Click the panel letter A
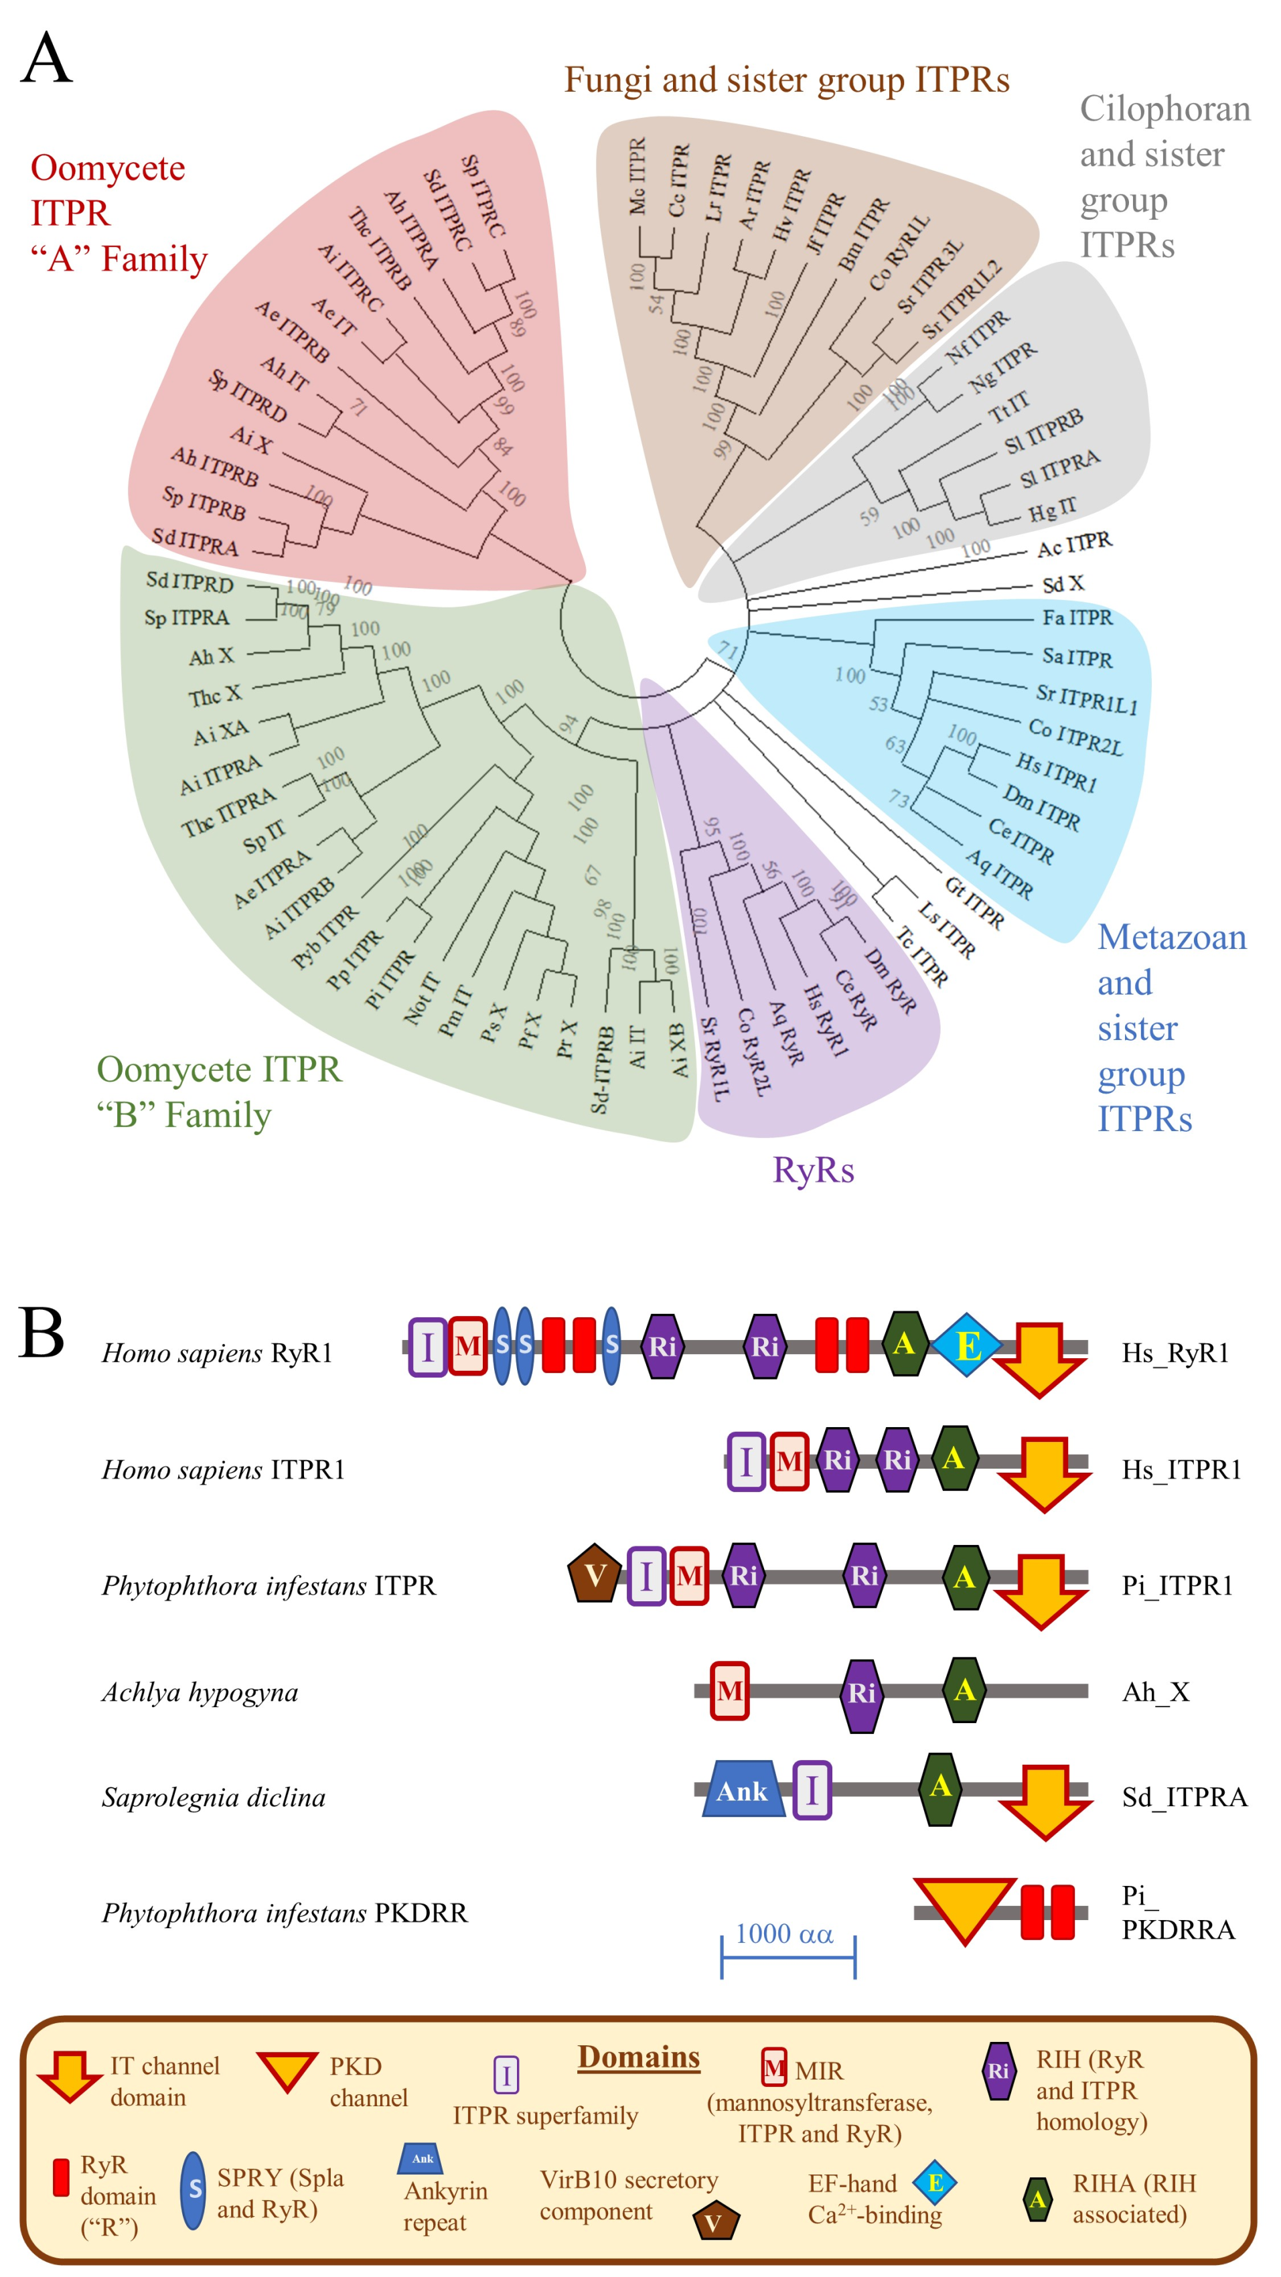pyautogui.click(x=46, y=58)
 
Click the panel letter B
pyautogui.click(x=42, y=1333)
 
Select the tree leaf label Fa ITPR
pyautogui.click(x=1077, y=618)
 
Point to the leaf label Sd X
pyautogui.click(x=1063, y=584)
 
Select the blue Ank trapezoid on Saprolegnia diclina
pyautogui.click(x=743, y=1791)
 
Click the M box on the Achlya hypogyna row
pyautogui.click(x=729, y=1691)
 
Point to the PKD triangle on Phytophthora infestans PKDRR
pyautogui.click(x=964, y=1909)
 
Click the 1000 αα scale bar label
pyautogui.click(x=784, y=1933)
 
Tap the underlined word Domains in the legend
pyautogui.click(x=638, y=2057)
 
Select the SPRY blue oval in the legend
pyautogui.click(x=193, y=2189)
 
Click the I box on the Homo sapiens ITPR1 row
pyautogui.click(x=746, y=1461)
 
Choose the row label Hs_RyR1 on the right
pyautogui.click(x=1175, y=1353)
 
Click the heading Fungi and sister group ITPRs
pyautogui.click(x=786, y=80)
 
